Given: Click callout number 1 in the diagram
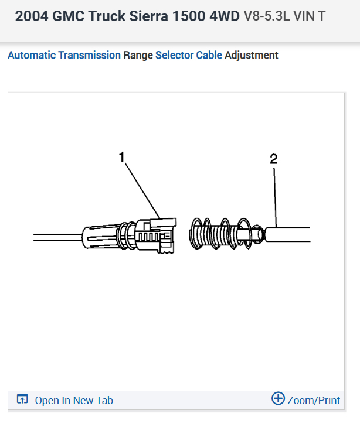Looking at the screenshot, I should click(121, 157).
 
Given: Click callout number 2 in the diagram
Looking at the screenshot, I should click(274, 159).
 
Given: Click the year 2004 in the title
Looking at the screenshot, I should click(30, 16).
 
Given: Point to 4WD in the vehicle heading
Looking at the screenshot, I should click(222, 16).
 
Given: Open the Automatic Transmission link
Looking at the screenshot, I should click(64, 55).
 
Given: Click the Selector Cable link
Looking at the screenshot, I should click(189, 55).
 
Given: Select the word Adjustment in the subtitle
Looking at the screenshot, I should click(252, 55).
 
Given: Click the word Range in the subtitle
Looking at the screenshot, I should click(138, 55).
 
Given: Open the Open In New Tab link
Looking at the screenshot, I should click(74, 401).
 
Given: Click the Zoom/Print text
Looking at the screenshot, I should click(314, 401).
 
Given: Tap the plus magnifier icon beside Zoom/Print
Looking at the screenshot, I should click(278, 399).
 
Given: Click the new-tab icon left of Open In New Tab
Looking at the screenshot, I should click(22, 400).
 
